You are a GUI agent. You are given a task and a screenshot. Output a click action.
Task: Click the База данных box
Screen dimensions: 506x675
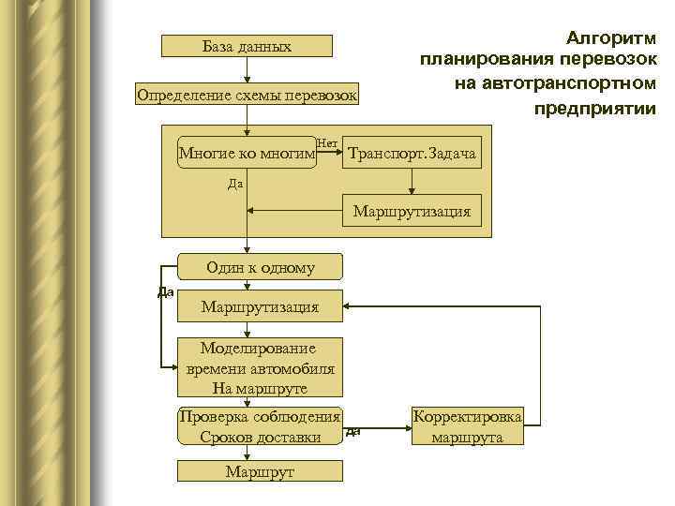pos(247,46)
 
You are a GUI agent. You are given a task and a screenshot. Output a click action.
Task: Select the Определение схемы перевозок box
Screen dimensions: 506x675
pos(247,96)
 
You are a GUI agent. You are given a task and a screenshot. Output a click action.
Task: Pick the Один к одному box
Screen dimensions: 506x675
pos(261,268)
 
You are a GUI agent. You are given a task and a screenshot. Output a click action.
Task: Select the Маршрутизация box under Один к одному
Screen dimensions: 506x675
pos(261,306)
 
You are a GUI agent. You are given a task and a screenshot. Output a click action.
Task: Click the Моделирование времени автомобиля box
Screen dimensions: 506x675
pos(261,368)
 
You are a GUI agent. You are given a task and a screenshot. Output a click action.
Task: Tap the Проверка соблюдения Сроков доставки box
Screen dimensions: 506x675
pos(261,426)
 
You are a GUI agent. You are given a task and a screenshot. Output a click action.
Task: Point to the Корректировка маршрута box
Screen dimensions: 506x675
pos(467,426)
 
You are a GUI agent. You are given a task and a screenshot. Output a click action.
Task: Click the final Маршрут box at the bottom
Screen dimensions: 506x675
pos(261,471)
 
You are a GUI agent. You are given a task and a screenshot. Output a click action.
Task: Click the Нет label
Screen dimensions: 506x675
pos(327,142)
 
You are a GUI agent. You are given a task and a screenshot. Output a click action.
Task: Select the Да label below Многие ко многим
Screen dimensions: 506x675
pos(235,184)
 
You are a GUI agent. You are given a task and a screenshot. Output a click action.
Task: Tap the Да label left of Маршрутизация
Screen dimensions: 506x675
pos(165,292)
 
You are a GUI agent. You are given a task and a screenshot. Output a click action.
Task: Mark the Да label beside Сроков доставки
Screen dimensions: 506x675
pos(353,432)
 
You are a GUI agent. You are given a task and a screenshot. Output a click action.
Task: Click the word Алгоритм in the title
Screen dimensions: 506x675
pos(610,38)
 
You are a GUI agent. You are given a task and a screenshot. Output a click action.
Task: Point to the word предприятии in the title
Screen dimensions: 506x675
pos(595,109)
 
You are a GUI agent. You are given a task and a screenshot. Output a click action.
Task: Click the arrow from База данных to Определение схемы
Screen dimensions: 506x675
pos(247,71)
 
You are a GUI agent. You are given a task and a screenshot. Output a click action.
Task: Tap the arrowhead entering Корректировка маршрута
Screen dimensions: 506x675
pos(405,426)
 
